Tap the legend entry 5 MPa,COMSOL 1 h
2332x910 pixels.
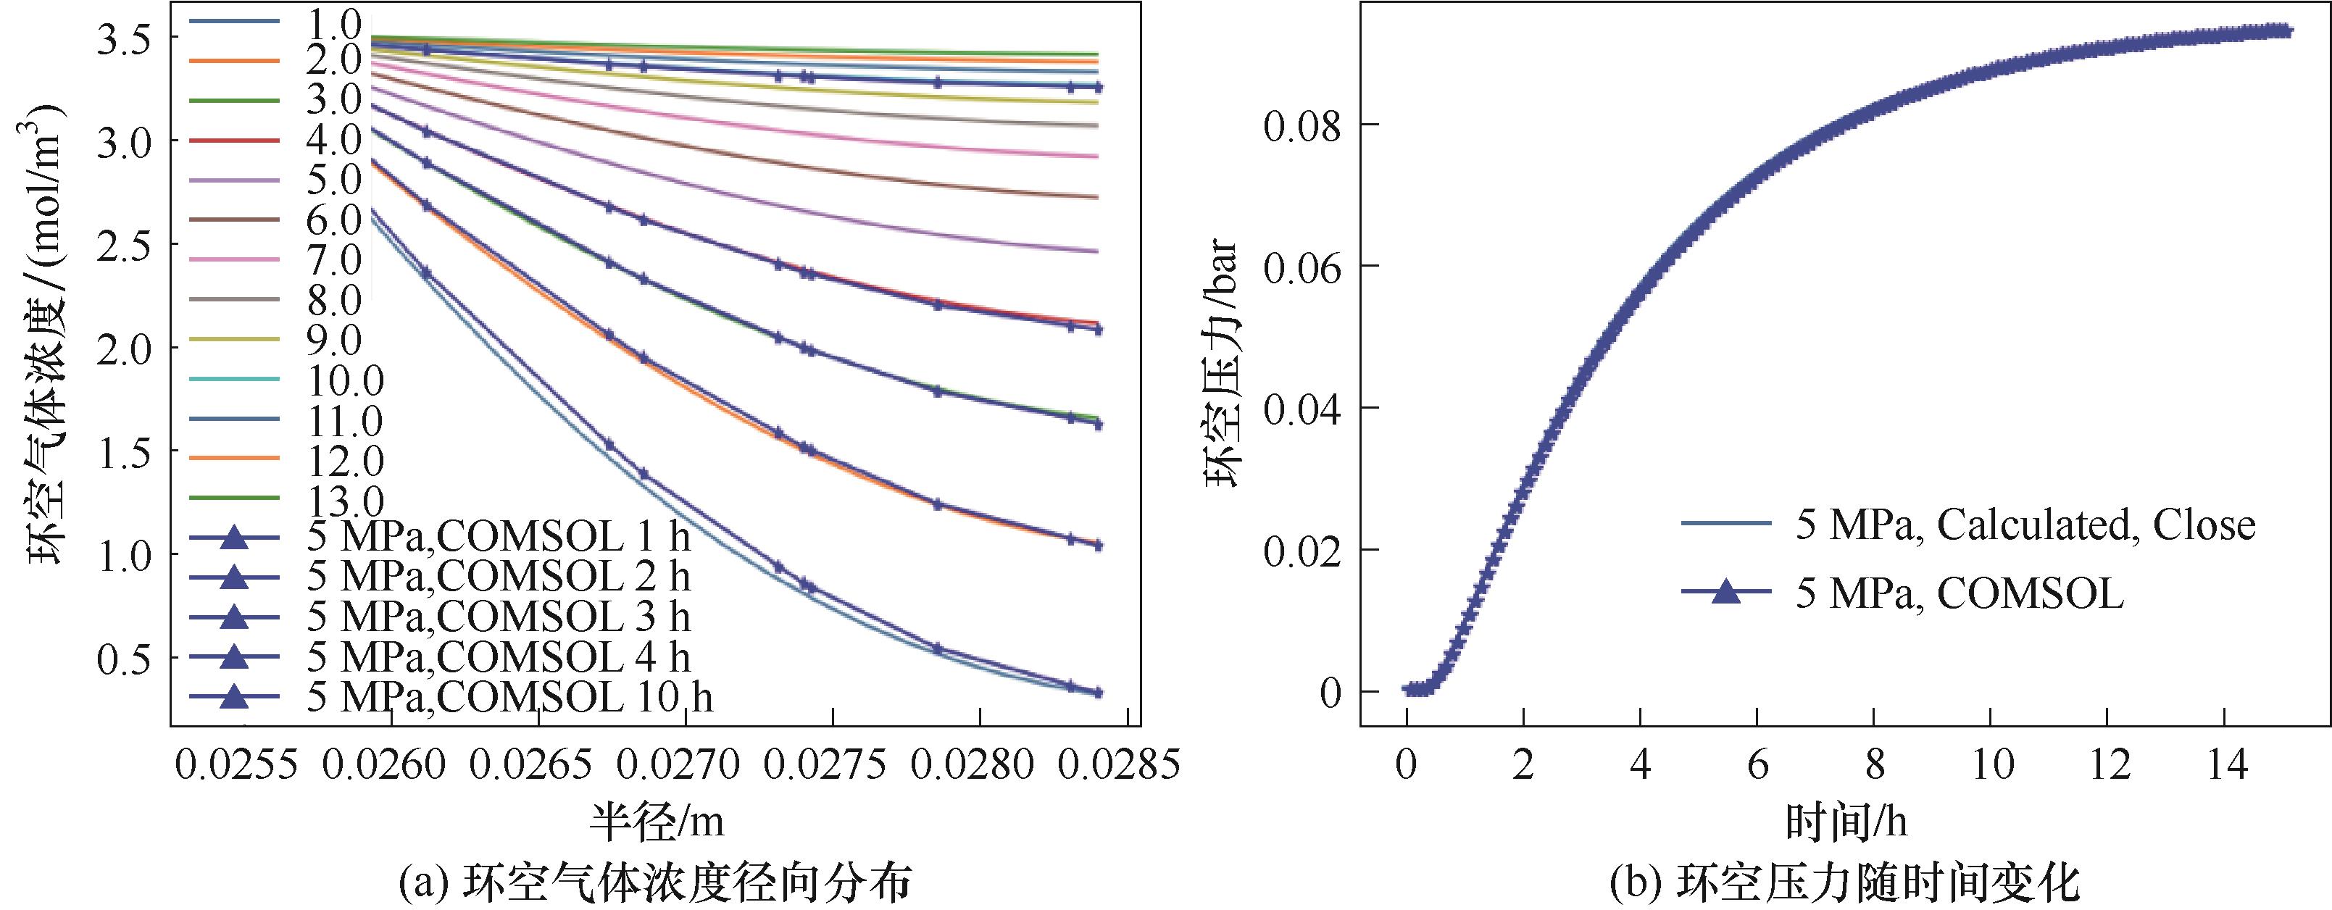[x=498, y=538]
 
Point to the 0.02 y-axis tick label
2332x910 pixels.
[x=1301, y=551]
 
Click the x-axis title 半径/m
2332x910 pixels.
[x=658, y=822]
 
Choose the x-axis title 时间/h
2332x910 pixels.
[x=1846, y=822]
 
